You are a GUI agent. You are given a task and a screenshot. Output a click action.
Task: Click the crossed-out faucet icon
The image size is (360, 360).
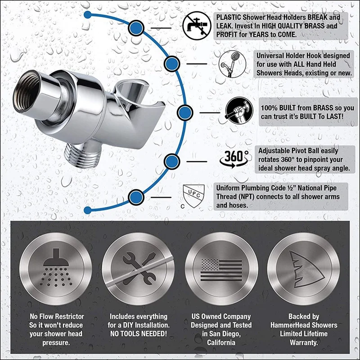pyautogui.click(x=196, y=26)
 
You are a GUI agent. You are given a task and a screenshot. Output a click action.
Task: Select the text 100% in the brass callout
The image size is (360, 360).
pyautogui.click(x=271, y=108)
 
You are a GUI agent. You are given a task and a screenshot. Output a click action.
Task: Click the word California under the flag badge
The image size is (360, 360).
pyautogui.click(x=221, y=342)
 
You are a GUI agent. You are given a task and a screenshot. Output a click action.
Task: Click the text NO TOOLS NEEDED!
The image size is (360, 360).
pyautogui.click(x=138, y=333)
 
